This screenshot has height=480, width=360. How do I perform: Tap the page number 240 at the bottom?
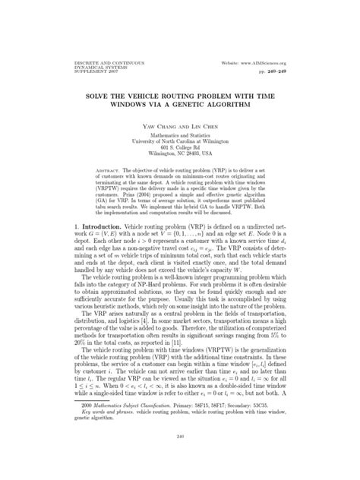pyautogui.click(x=180, y=466)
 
